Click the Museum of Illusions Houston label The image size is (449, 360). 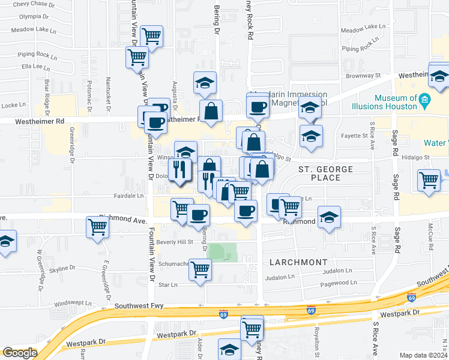point(395,102)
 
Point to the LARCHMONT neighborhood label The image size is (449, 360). point(298,262)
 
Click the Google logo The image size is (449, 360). point(19,353)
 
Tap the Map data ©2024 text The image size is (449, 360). point(423,355)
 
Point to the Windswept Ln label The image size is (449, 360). point(73,303)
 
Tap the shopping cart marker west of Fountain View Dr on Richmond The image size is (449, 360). point(97,227)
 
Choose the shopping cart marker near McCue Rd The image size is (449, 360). point(429,180)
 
